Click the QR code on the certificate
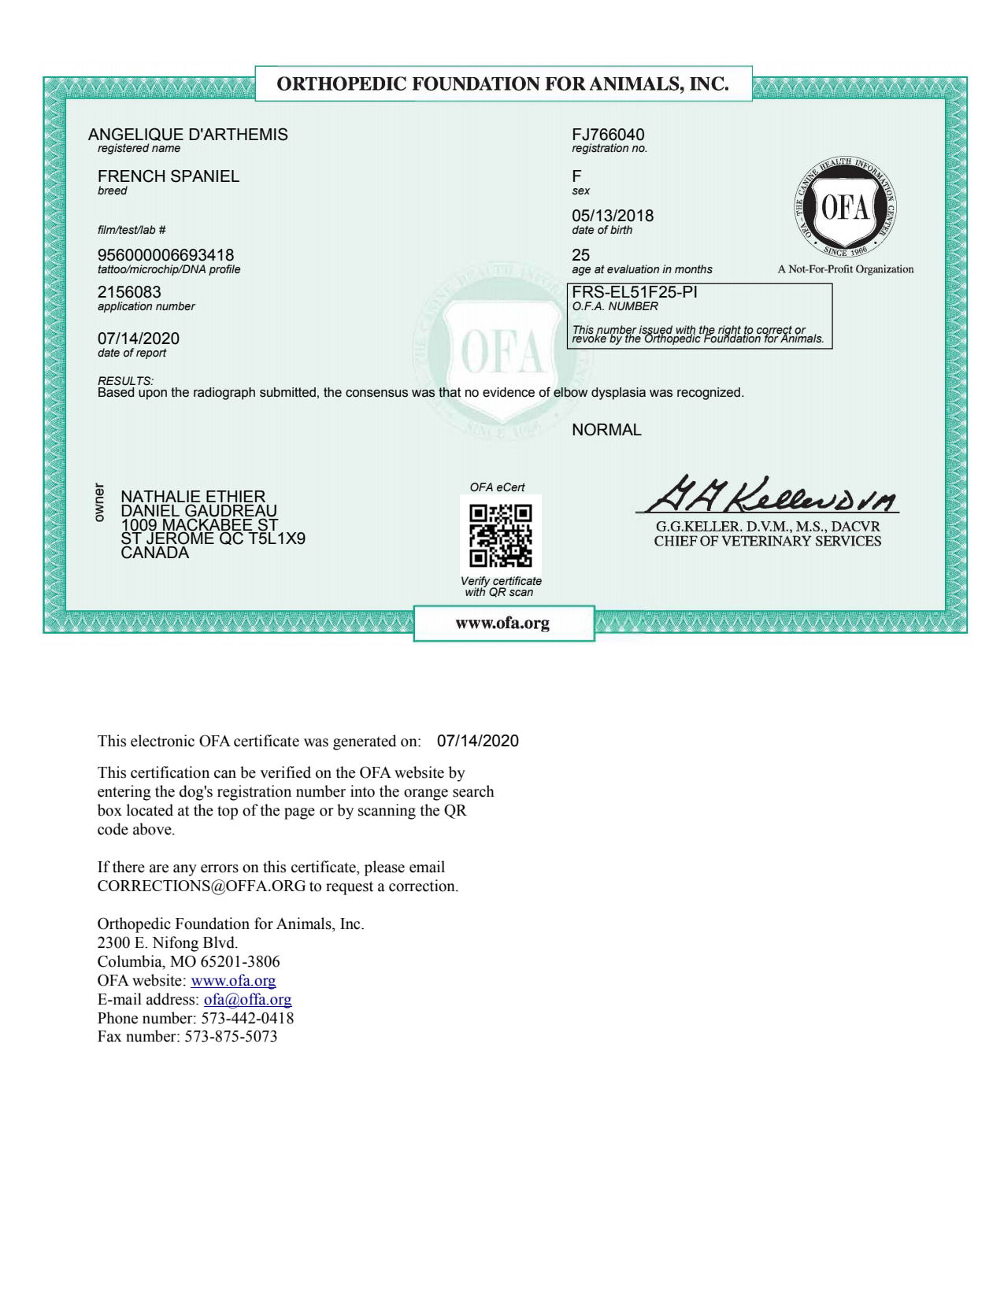(x=500, y=535)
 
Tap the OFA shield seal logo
(x=845, y=208)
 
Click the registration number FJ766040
(x=608, y=135)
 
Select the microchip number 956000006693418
(x=165, y=255)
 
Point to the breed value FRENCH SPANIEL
(x=168, y=176)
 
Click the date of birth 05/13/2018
(x=613, y=216)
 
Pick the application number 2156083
(x=129, y=292)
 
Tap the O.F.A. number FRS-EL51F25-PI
(x=635, y=292)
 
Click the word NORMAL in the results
(x=606, y=430)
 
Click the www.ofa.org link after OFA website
(x=233, y=981)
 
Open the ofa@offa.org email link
(x=247, y=1000)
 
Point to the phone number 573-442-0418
(x=247, y=1018)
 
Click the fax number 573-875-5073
(x=231, y=1037)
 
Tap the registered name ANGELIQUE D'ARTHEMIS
(x=188, y=135)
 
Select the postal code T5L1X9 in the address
(x=276, y=538)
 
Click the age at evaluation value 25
(x=580, y=255)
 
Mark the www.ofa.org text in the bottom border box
(x=502, y=624)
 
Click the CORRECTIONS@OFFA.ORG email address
(x=201, y=886)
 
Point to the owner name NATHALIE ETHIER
(x=193, y=497)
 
